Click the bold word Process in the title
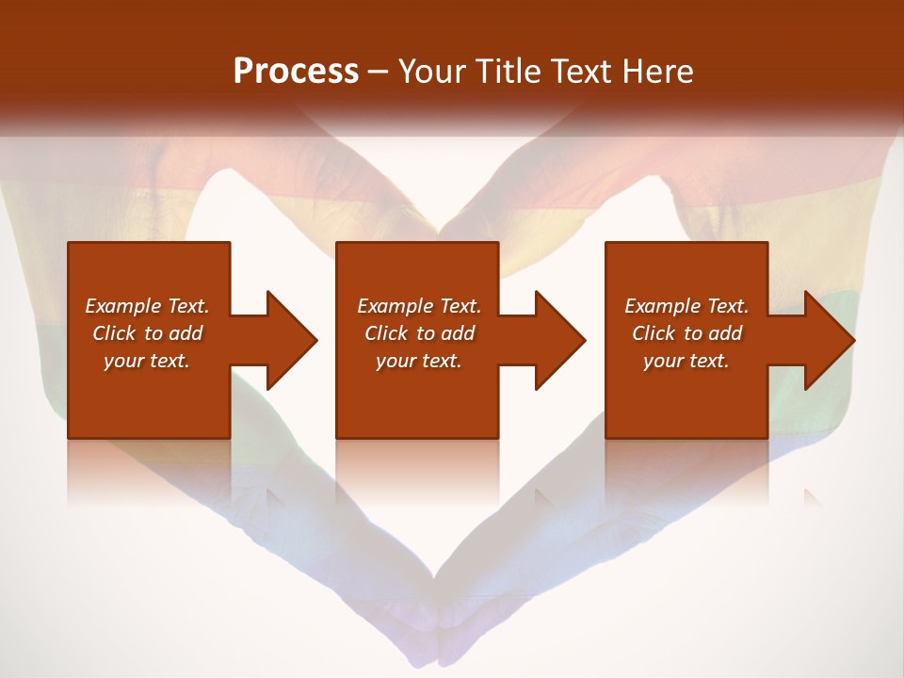coord(296,72)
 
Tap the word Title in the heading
coord(508,72)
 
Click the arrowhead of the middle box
coord(559,340)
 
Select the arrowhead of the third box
coord(828,340)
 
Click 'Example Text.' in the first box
coord(147,306)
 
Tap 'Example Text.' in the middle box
coord(419,306)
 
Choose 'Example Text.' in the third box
coord(686,306)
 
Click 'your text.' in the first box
coord(147,361)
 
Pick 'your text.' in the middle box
coord(419,361)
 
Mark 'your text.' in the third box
coord(686,361)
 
